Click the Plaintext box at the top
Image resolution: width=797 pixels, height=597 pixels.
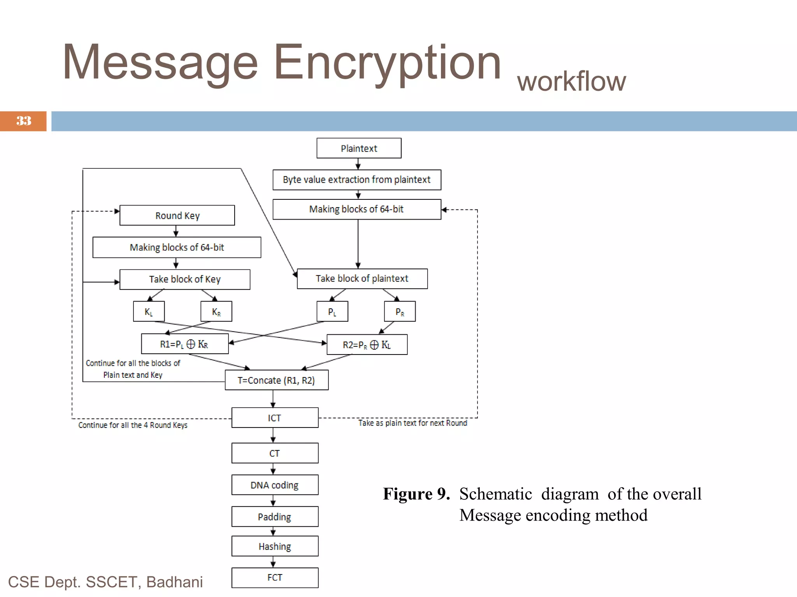tap(359, 148)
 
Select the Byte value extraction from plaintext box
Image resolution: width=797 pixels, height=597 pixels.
tap(356, 180)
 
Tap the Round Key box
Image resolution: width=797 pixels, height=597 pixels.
tap(177, 215)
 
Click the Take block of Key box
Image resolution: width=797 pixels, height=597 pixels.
tap(184, 279)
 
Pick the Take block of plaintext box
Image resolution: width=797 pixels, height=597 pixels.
tap(362, 278)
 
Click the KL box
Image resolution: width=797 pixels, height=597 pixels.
tap(149, 311)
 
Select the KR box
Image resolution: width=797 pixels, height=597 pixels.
tap(216, 311)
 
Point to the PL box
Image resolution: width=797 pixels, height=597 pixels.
tap(332, 311)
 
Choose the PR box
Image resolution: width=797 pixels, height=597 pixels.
tap(400, 311)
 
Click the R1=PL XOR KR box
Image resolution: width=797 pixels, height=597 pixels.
tap(184, 344)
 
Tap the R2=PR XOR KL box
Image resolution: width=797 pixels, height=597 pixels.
tap(367, 344)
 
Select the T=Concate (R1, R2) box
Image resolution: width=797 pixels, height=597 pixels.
tap(276, 380)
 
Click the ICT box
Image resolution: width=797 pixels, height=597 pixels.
tap(275, 417)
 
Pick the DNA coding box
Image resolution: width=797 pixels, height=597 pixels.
tap(275, 485)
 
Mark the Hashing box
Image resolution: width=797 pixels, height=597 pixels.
tap(275, 546)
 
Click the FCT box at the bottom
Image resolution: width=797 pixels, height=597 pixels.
tap(275, 578)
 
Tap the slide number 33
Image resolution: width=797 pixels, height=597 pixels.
tap(23, 121)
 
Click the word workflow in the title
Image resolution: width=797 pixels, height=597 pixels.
tap(571, 82)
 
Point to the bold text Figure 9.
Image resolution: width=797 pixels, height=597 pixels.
tap(416, 494)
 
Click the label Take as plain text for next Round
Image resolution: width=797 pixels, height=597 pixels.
tap(413, 423)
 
